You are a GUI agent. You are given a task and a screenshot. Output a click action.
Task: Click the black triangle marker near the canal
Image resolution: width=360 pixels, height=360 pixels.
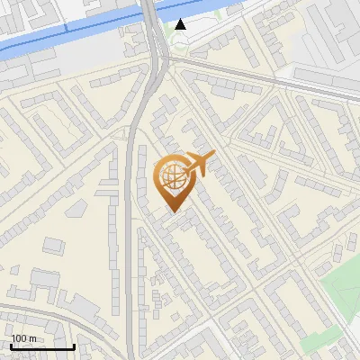[181, 24]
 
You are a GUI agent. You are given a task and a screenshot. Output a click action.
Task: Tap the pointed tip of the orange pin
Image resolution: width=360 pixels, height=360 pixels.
[172, 211]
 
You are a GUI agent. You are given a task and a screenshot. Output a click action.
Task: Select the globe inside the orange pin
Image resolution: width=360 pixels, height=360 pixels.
[172, 178]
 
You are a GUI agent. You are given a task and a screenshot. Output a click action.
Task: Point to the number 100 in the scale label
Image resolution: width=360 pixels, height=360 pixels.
[20, 338]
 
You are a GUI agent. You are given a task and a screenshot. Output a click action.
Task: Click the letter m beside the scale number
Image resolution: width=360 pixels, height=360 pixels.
[33, 338]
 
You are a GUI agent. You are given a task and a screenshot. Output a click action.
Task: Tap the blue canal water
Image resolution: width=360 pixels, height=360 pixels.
[72, 37]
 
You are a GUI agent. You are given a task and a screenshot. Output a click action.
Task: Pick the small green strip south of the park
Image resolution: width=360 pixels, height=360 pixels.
[320, 342]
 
